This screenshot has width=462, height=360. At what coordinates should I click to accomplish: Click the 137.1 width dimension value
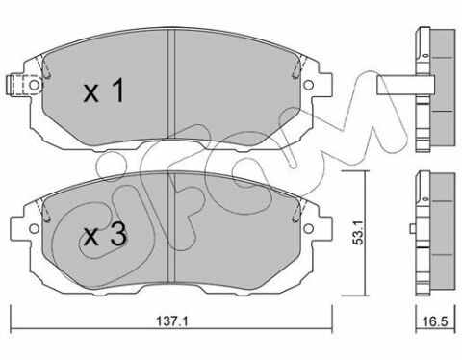(171, 321)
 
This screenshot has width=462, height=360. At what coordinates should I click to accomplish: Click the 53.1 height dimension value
(357, 232)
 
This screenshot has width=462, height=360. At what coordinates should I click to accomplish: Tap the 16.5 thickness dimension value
(435, 321)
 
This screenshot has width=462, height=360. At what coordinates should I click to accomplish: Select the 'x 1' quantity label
(103, 91)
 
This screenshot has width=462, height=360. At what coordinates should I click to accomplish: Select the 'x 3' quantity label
(104, 236)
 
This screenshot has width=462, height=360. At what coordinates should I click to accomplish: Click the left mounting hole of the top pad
(34, 85)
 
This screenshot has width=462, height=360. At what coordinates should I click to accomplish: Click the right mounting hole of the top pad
(308, 85)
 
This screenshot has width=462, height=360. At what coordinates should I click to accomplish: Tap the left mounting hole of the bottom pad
(34, 228)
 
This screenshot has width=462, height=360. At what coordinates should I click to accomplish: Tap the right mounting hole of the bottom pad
(308, 228)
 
